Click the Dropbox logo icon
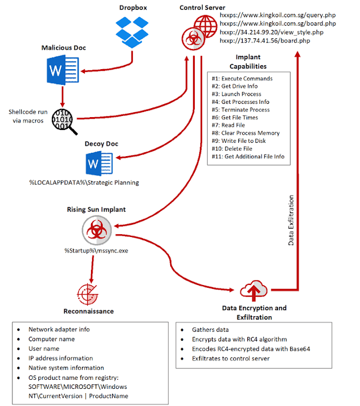[132, 32]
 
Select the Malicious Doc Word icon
[63, 70]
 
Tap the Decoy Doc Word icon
[99, 163]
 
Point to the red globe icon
[206, 26]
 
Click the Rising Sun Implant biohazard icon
[97, 230]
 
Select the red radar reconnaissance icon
[88, 294]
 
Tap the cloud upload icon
[253, 291]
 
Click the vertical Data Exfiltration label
[291, 220]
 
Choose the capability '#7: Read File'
[228, 125]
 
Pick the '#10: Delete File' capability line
[232, 148]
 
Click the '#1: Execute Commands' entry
[242, 79]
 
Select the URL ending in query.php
[277, 15]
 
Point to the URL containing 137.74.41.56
[265, 41]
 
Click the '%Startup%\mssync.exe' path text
[96, 250]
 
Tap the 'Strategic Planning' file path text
[84, 182]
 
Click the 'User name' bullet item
[44, 349]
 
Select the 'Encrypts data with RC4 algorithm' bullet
[239, 339]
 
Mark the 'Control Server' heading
[202, 7]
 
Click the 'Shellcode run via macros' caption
[28, 116]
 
